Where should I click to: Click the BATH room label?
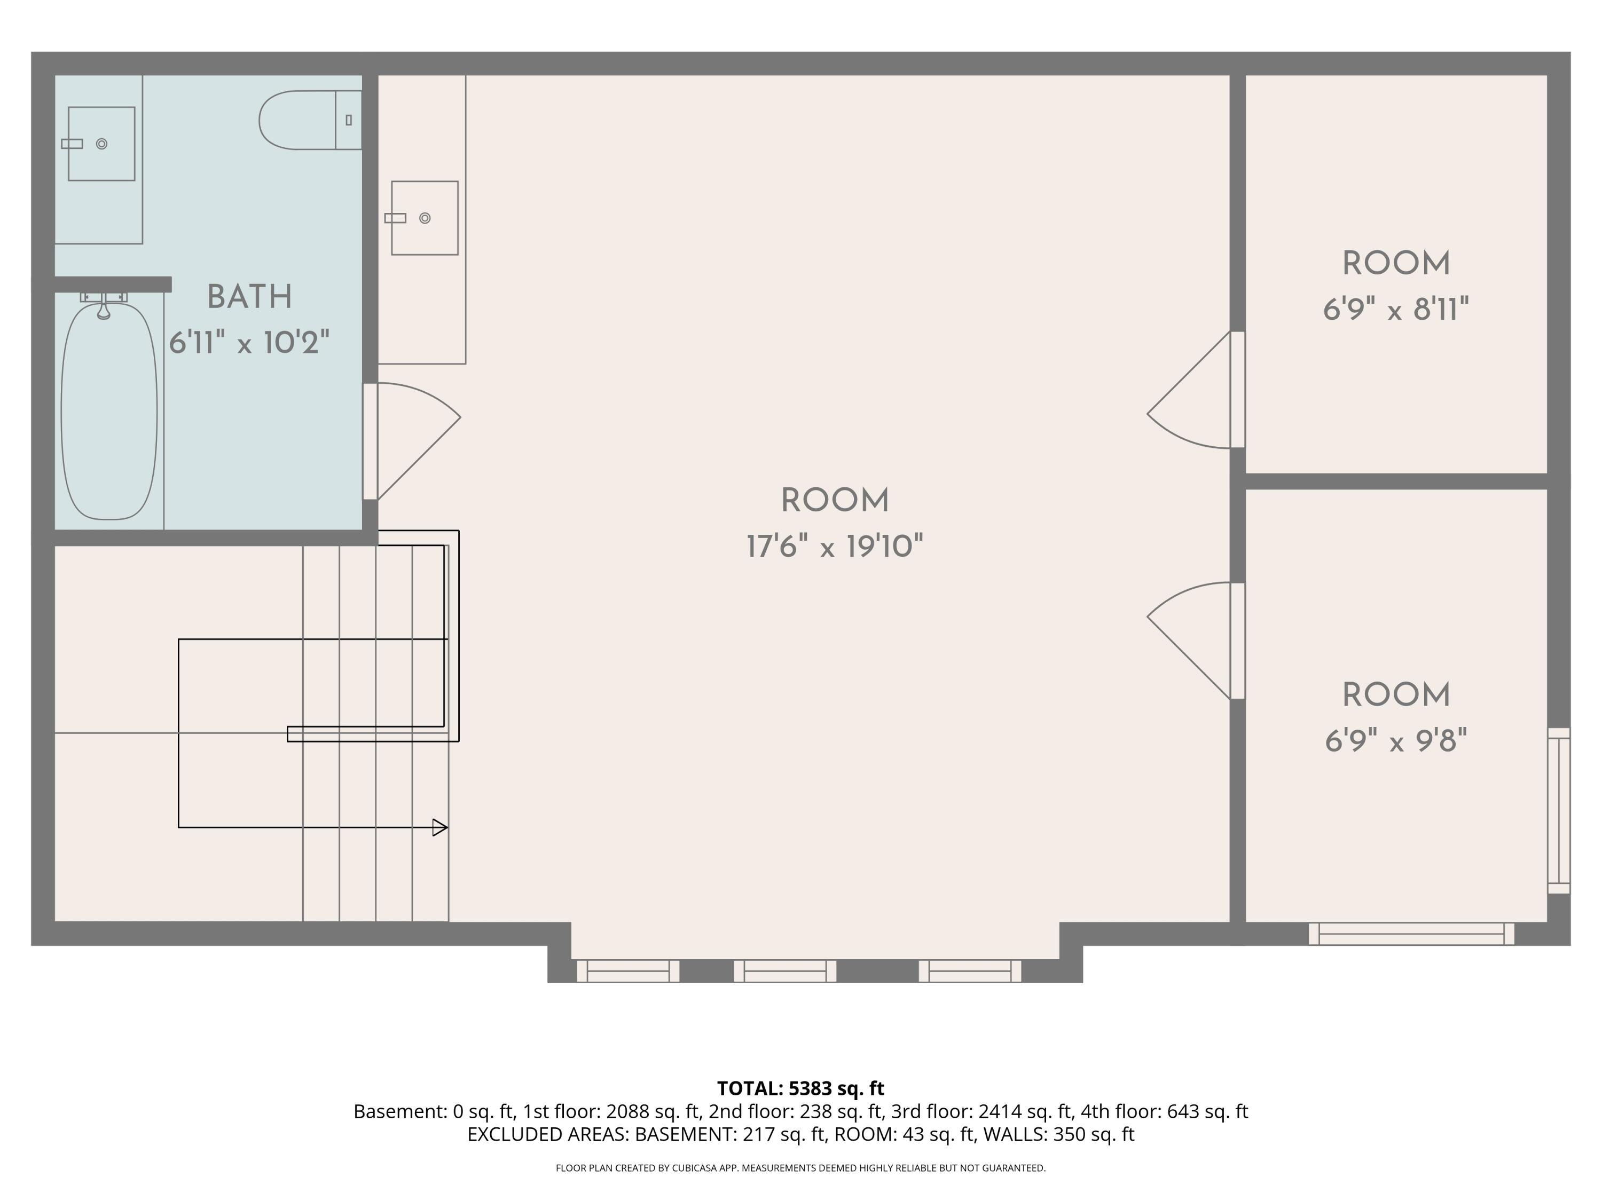coord(249,297)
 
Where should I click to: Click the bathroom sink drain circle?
coord(102,144)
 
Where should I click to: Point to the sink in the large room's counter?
coord(425,218)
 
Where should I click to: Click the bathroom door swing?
coord(419,441)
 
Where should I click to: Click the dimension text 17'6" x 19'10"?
coord(835,547)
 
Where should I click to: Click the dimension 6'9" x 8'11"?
coord(1395,310)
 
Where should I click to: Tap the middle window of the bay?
coord(785,971)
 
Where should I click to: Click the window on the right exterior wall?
coord(1559,811)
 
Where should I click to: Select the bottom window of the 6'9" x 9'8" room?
coord(1411,934)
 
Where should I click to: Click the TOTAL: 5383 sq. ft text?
coord(800,1088)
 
